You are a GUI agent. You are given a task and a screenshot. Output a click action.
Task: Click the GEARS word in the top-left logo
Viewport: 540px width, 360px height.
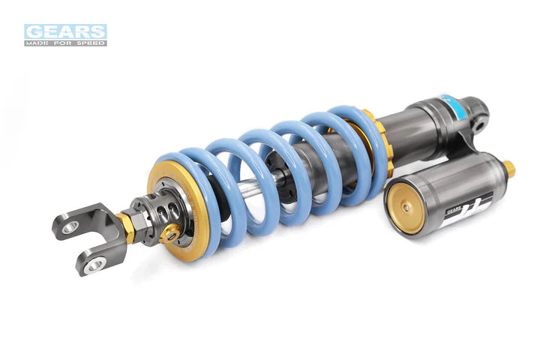65,31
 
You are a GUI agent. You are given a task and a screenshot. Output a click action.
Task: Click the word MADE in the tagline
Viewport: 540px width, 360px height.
37,43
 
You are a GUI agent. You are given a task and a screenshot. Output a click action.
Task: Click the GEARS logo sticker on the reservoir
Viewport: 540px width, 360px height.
466,206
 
